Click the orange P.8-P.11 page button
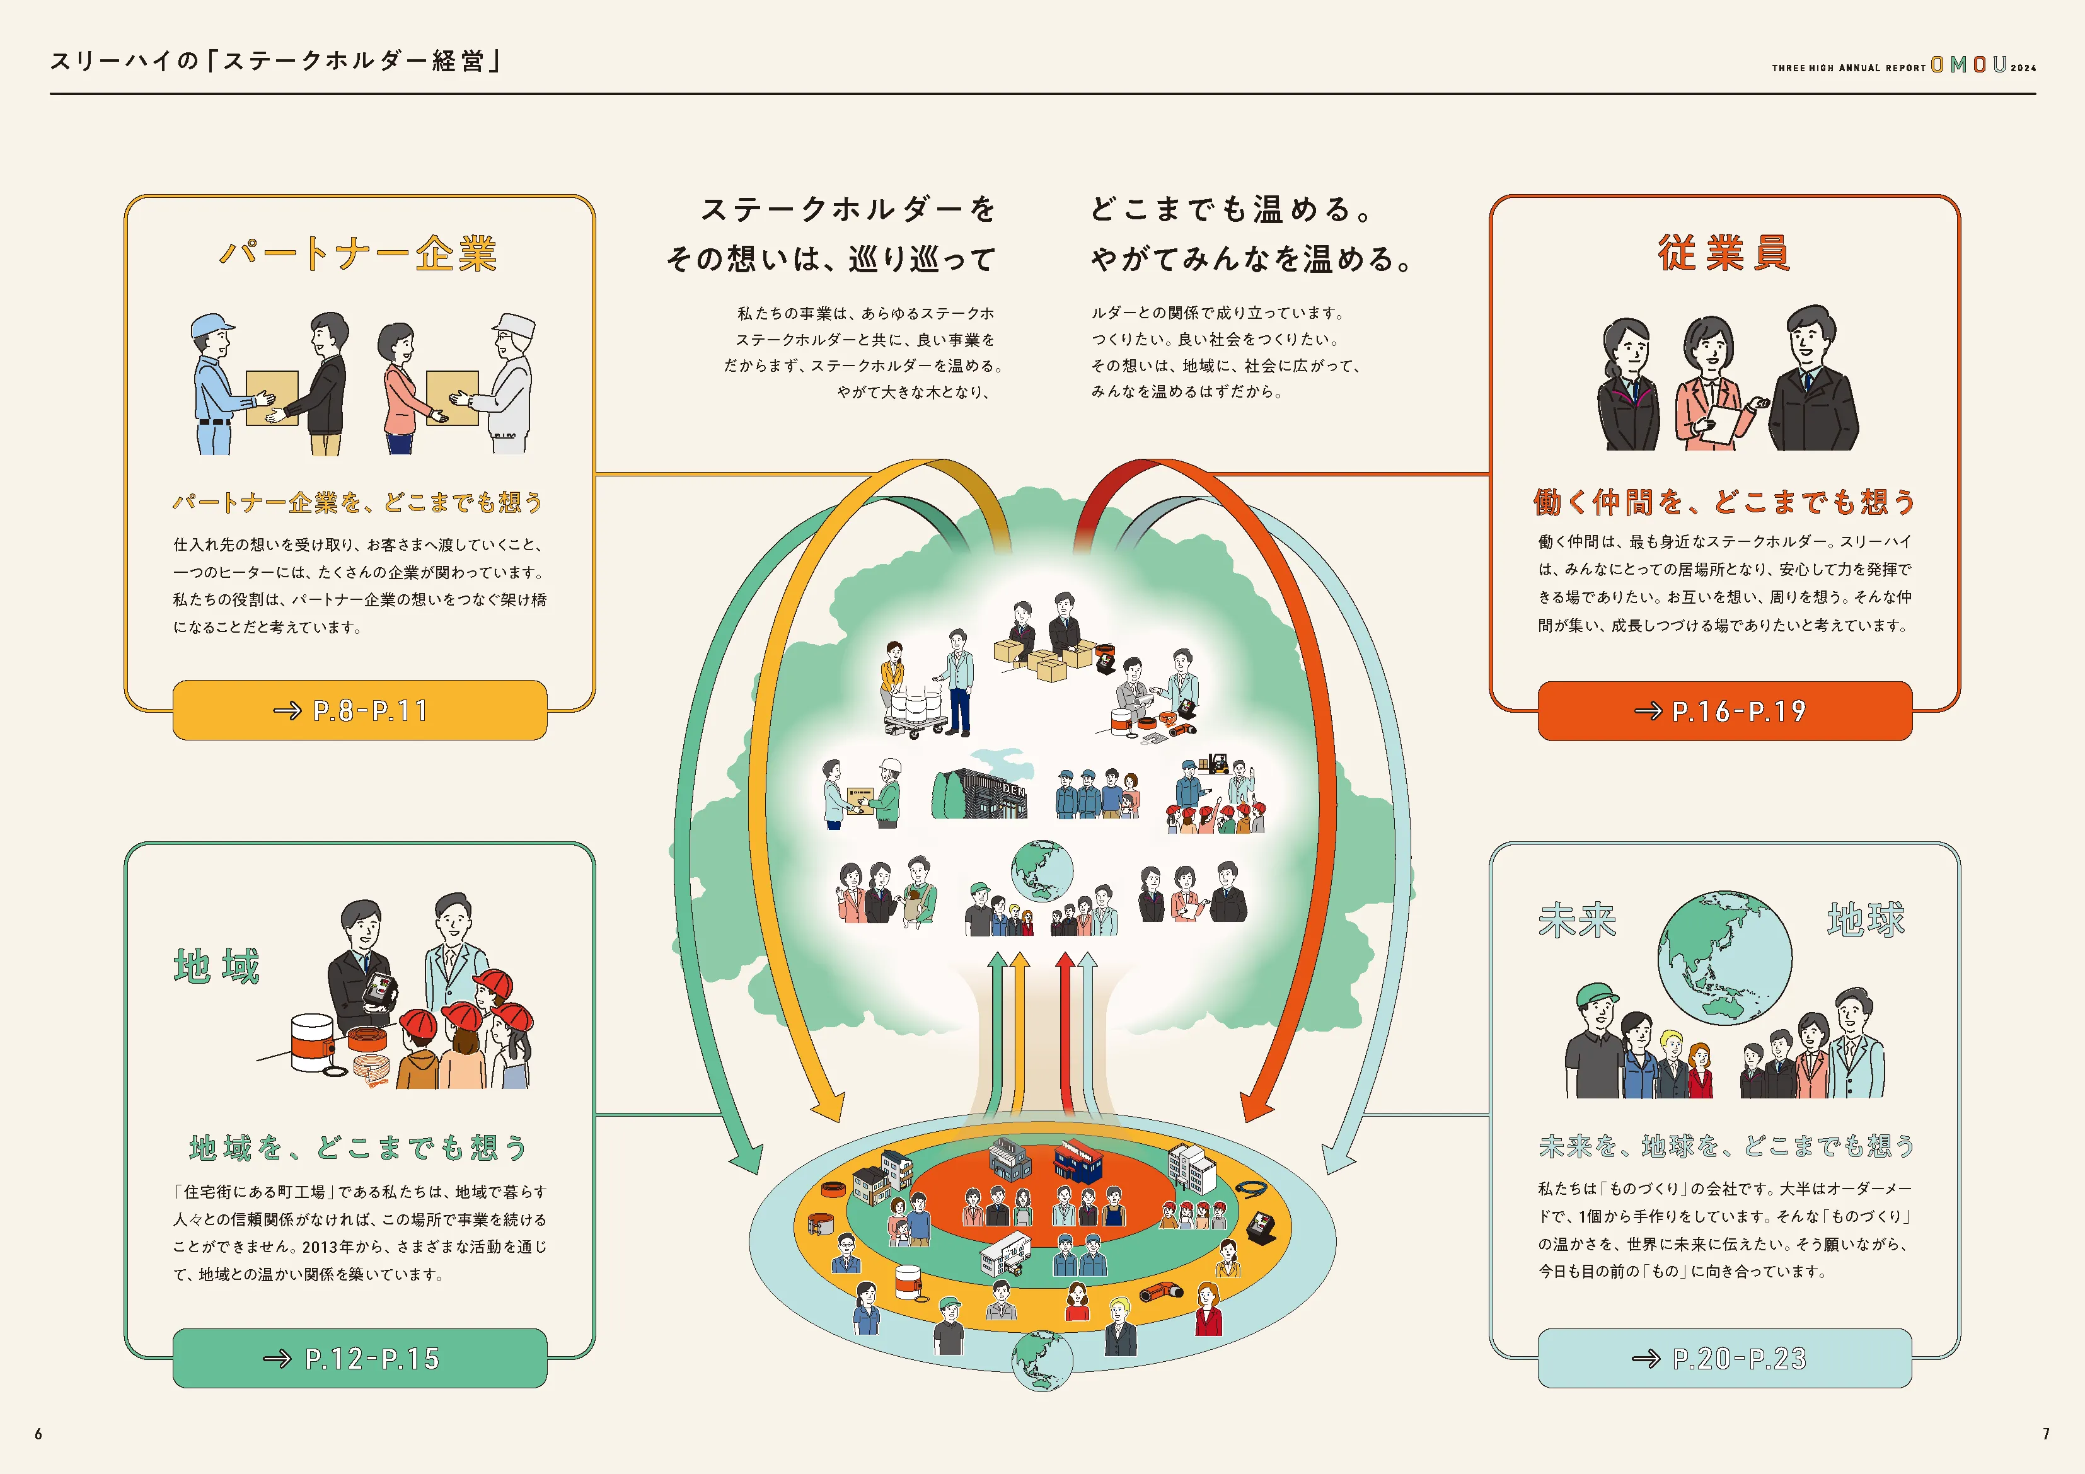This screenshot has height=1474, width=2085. point(360,710)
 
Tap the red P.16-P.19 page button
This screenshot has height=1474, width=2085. point(1724,711)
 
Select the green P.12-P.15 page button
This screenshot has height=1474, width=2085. point(360,1358)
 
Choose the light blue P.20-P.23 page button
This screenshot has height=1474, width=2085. point(1724,1358)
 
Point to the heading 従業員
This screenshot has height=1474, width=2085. point(1724,253)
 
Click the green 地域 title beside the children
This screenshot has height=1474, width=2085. point(217,965)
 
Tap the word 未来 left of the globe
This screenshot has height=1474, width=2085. point(1578,920)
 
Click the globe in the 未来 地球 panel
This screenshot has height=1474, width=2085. point(1724,957)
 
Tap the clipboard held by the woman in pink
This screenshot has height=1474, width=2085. point(1718,422)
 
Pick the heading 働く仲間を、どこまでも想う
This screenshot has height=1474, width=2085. point(1724,502)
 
